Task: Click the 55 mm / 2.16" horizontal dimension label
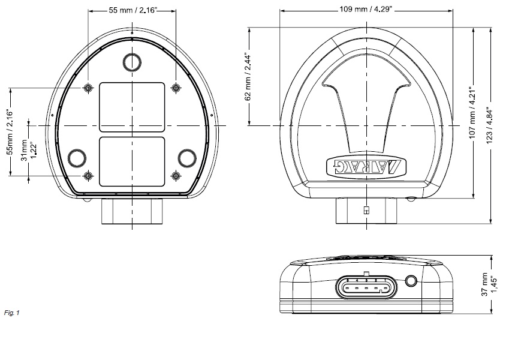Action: coord(132,10)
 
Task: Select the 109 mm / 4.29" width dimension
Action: coord(366,10)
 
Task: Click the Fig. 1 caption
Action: coord(11,313)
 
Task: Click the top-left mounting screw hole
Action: coord(89,88)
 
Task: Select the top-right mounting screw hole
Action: coord(176,88)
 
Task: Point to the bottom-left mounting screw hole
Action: coord(89,176)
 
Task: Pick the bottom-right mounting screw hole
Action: coord(176,176)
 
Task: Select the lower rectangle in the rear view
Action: coord(132,160)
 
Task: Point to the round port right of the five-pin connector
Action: coord(412,281)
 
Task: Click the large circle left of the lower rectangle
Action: coord(78,157)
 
